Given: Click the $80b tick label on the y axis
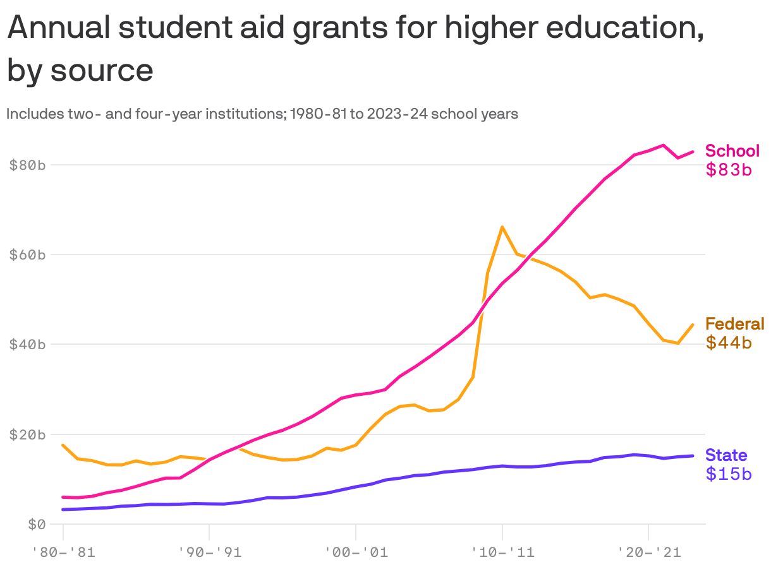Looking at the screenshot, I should coord(27,165).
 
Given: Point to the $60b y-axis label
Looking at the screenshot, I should coord(27,255).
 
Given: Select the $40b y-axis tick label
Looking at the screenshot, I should coord(27,345).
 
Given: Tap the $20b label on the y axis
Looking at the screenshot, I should coord(27,434).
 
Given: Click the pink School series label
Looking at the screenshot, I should coord(732,151).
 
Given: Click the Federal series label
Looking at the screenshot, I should coord(734,324).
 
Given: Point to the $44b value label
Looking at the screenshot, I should coord(728,342).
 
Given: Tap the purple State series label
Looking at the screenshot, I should coord(726,455).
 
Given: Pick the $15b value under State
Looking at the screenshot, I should coord(728,474).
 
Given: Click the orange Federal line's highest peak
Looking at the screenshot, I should coord(502,227).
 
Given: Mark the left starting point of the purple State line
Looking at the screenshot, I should coord(63,509).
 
